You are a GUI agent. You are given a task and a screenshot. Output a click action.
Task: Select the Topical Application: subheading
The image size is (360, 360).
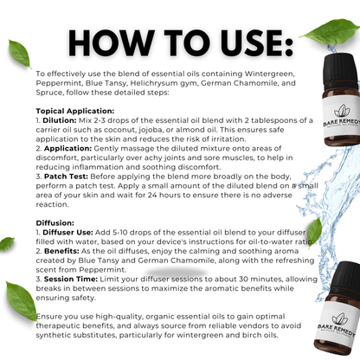coord(75,111)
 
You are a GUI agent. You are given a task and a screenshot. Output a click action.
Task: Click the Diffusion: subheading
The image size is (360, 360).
coord(55,223)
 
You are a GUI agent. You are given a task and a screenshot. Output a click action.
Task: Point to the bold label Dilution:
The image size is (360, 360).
coord(60,120)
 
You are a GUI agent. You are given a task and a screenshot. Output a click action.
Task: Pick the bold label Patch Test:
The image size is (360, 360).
coord(66,177)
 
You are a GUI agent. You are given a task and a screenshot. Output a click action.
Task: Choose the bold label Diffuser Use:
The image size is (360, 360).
coord(67,232)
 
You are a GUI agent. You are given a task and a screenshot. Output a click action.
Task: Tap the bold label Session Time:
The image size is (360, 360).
coord(71,279)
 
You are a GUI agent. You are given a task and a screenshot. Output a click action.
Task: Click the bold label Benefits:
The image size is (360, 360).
coord(61,251)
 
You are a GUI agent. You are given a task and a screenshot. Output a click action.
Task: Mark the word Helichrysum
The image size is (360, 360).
coord(154,83)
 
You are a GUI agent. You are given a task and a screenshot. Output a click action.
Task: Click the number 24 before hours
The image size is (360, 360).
coord(152,195)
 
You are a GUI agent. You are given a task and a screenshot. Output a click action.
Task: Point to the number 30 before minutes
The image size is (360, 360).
coord(243,279)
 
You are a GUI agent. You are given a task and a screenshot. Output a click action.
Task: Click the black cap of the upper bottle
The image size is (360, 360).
coord(341,71)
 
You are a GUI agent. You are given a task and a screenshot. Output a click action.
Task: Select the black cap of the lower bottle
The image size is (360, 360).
coord(345,279)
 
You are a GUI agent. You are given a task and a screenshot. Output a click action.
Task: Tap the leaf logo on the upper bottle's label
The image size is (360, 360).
coord(342,111)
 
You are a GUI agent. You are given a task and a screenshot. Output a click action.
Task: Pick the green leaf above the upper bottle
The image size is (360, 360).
coord(330,31)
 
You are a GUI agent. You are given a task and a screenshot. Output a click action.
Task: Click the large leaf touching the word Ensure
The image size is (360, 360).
coord(22,301)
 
